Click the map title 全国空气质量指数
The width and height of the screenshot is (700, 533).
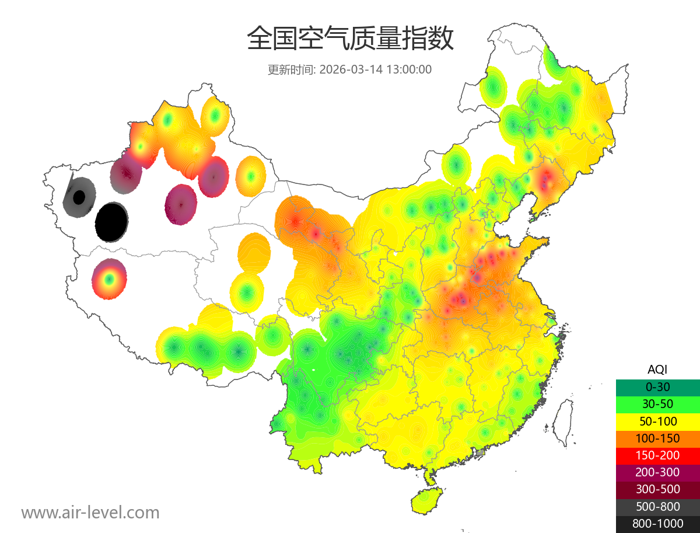[x=350, y=39]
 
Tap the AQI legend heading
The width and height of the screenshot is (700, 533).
[x=657, y=370]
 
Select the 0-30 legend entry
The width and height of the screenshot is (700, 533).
[x=657, y=387]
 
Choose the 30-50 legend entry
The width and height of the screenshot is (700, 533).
[x=657, y=404]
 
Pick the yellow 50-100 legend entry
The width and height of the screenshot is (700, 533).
[x=657, y=421]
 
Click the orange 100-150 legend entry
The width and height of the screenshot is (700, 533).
[x=657, y=438]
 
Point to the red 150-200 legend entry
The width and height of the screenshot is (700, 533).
[x=657, y=455]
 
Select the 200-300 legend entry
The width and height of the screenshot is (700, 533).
[x=657, y=472]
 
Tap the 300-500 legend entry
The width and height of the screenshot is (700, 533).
[x=657, y=489]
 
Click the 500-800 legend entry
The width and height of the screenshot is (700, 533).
[x=657, y=507]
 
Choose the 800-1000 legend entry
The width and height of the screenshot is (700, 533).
[x=657, y=524]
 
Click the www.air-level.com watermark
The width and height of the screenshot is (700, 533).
[x=90, y=513]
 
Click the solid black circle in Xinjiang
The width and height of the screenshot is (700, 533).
[x=111, y=222]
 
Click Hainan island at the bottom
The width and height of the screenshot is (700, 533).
[x=426, y=501]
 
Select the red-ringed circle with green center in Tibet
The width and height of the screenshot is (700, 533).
[x=109, y=279]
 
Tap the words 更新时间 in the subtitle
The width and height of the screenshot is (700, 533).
[x=290, y=69]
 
